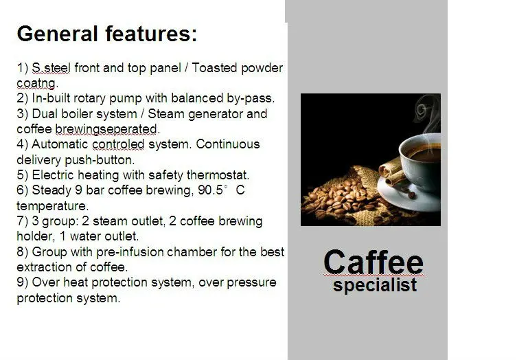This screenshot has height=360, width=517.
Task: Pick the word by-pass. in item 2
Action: [x=251, y=99]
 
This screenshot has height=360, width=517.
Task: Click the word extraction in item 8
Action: [x=42, y=267]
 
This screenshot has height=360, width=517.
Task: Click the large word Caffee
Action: [x=373, y=262]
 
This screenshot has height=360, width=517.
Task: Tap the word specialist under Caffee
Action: [x=374, y=285]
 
